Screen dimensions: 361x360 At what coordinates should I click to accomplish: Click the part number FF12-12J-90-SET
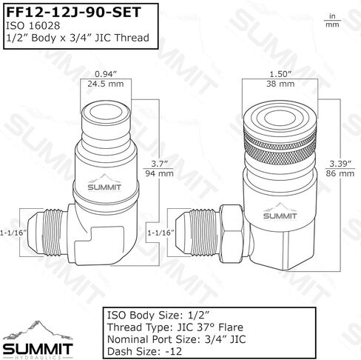[73, 12]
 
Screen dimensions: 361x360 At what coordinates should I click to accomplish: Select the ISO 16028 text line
[33, 26]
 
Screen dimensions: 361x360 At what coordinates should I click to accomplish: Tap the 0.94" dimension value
[106, 74]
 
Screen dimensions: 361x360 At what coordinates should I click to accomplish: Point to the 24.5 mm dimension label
[106, 84]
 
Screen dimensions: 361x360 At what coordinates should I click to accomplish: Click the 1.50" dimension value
[280, 74]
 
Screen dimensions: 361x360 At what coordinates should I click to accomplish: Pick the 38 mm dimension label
[280, 84]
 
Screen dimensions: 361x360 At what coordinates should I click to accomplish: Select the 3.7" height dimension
[159, 164]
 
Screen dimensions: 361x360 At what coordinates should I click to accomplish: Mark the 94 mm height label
[159, 173]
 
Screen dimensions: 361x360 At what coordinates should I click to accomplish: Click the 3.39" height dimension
[340, 164]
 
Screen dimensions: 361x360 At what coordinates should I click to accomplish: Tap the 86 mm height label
[340, 173]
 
